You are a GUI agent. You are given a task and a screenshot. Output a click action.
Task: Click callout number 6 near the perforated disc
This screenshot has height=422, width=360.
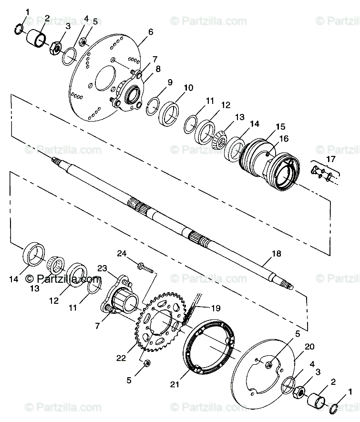[150, 32]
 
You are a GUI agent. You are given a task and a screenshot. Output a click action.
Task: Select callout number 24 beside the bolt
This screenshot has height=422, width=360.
[122, 254]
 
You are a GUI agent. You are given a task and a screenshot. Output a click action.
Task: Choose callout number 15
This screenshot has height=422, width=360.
[280, 126]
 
